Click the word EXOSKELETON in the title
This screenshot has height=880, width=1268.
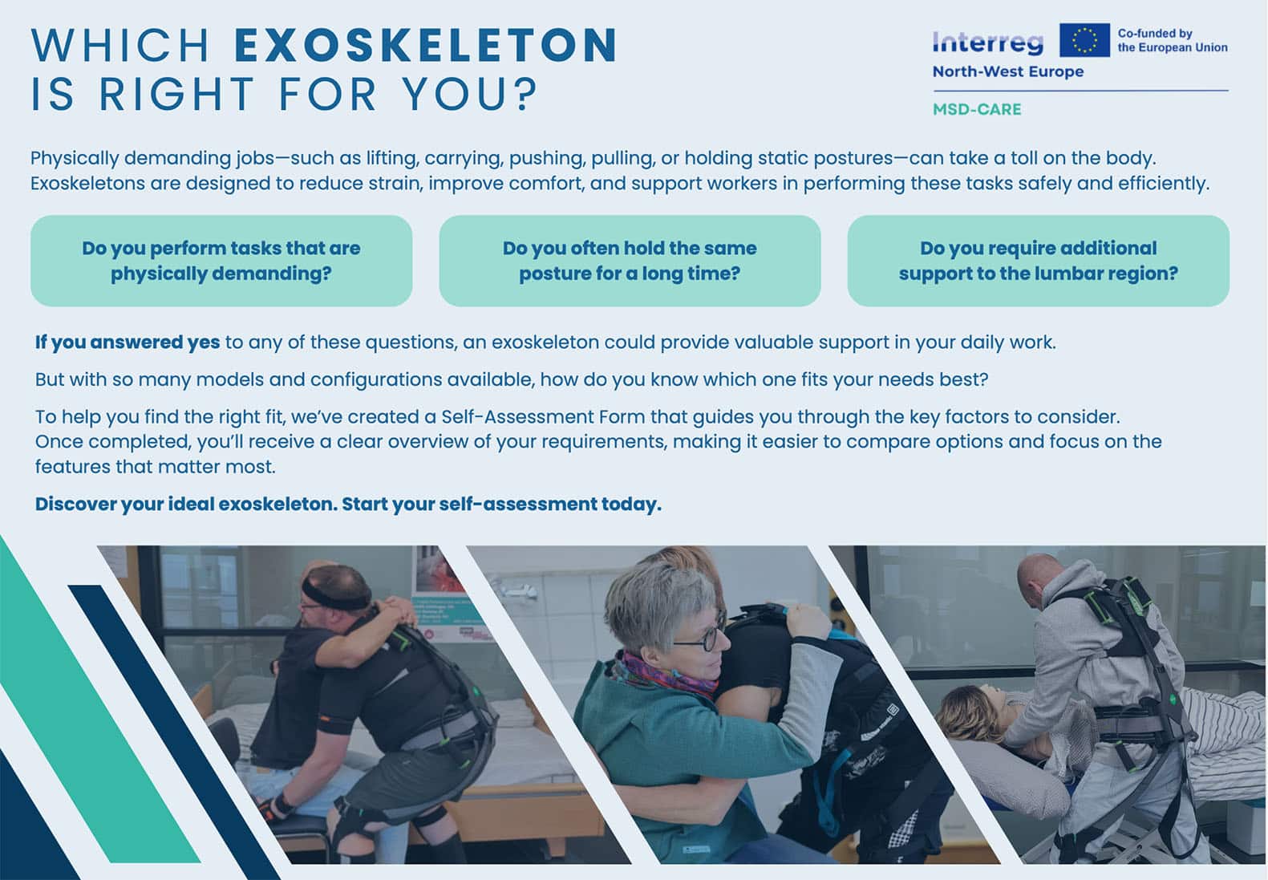pos(426,45)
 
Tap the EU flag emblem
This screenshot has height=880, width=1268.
pos(1084,40)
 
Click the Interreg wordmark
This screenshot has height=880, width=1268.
pos(988,43)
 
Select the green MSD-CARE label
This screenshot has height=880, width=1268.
pos(977,109)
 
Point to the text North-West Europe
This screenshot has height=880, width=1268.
pos(1008,72)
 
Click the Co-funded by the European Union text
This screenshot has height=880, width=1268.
pos(1173,41)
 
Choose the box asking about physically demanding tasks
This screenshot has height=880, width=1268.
pos(221,261)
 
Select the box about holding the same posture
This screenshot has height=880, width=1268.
pos(630,261)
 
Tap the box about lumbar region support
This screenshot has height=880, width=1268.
pos(1038,261)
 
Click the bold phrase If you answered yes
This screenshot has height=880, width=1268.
pos(128,343)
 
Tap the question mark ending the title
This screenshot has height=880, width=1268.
pos(527,93)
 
